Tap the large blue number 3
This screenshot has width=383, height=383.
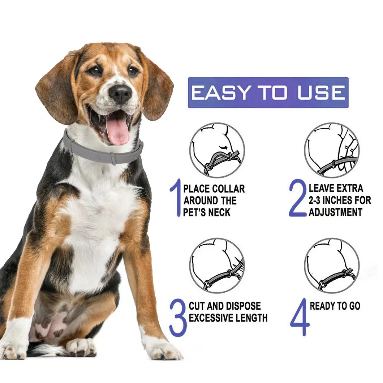tap(178, 317)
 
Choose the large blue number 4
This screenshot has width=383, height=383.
tap(300, 317)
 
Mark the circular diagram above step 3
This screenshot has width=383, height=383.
tap(217, 266)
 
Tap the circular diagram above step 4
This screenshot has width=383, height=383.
tap(332, 266)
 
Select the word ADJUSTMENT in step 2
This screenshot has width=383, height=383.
tap(335, 212)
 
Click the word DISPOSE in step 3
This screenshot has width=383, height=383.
tap(243, 306)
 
